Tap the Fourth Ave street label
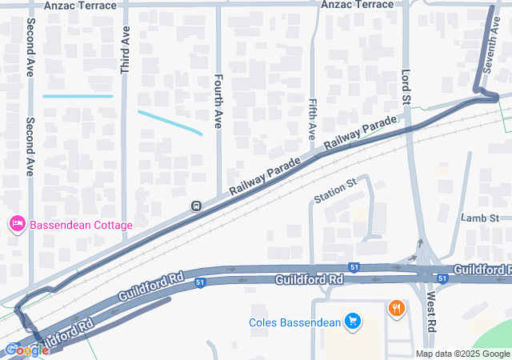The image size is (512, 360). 218,102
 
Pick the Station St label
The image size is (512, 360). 334,191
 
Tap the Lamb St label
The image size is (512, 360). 480,218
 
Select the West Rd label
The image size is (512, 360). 430,312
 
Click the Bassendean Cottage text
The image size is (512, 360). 81,225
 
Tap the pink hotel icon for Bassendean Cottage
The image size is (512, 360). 17,225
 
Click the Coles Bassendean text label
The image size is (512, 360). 294,322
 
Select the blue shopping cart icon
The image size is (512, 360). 353,322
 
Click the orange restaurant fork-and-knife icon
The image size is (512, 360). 395,307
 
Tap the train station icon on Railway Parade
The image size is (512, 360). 195,206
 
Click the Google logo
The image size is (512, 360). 26,350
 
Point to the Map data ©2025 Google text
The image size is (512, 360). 462,354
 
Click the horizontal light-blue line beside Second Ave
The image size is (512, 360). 78,96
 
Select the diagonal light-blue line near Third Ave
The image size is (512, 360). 170,122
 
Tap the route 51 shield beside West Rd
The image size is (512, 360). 442,276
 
